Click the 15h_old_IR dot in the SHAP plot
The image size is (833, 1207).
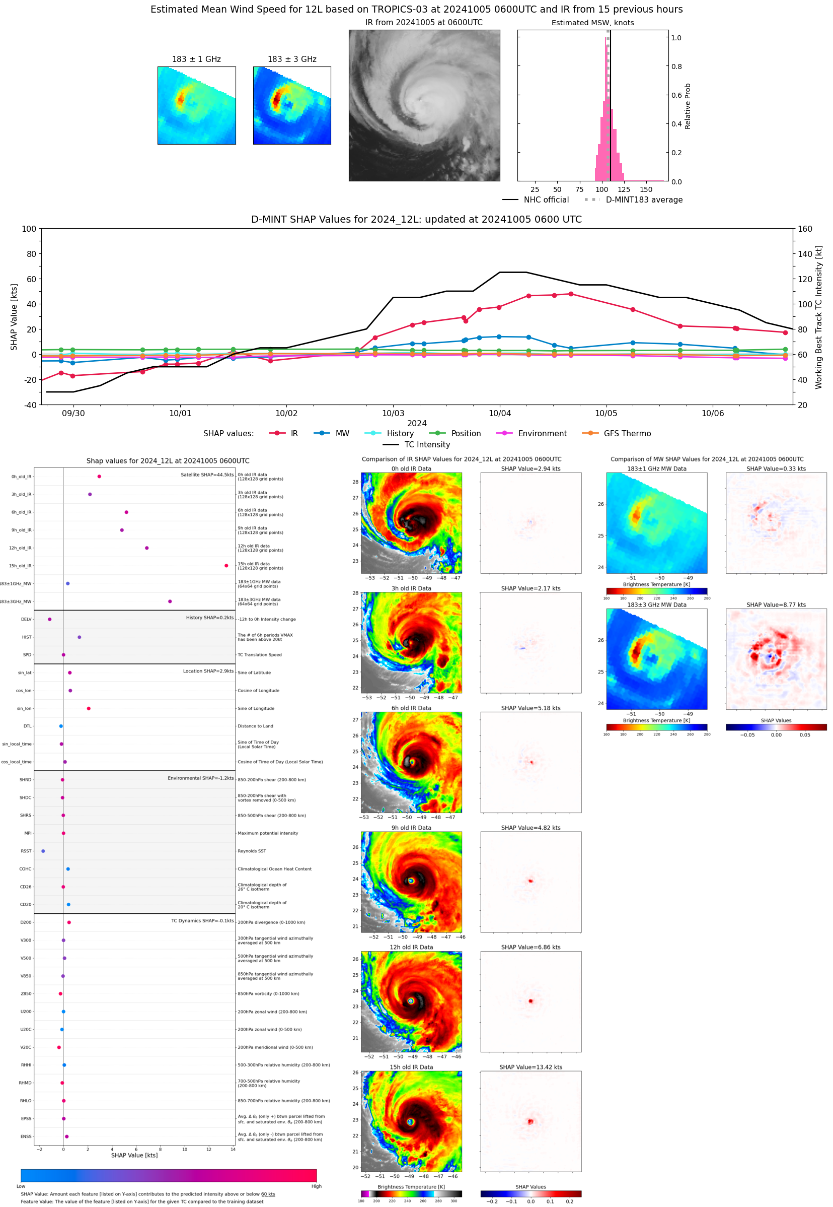[x=226, y=566]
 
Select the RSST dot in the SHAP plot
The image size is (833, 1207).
[x=43, y=851]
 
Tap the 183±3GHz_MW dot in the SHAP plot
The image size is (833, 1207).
[x=170, y=601]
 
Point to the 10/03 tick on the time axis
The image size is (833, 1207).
[x=393, y=413]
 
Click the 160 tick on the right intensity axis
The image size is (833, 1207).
[x=805, y=229]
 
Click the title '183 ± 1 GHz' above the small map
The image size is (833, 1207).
[x=196, y=59]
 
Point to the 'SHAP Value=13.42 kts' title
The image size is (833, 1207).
[x=531, y=1067]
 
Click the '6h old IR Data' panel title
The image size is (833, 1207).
[x=411, y=708]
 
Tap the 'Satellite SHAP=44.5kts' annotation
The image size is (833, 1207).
[x=207, y=475]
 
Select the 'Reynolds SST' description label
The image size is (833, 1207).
[x=252, y=851]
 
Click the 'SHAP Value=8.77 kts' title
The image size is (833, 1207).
[x=776, y=605]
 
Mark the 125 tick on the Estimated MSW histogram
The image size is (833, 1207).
[x=624, y=189]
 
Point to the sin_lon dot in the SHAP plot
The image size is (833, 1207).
[x=89, y=708]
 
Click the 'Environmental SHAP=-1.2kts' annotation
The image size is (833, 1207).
[x=200, y=778]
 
